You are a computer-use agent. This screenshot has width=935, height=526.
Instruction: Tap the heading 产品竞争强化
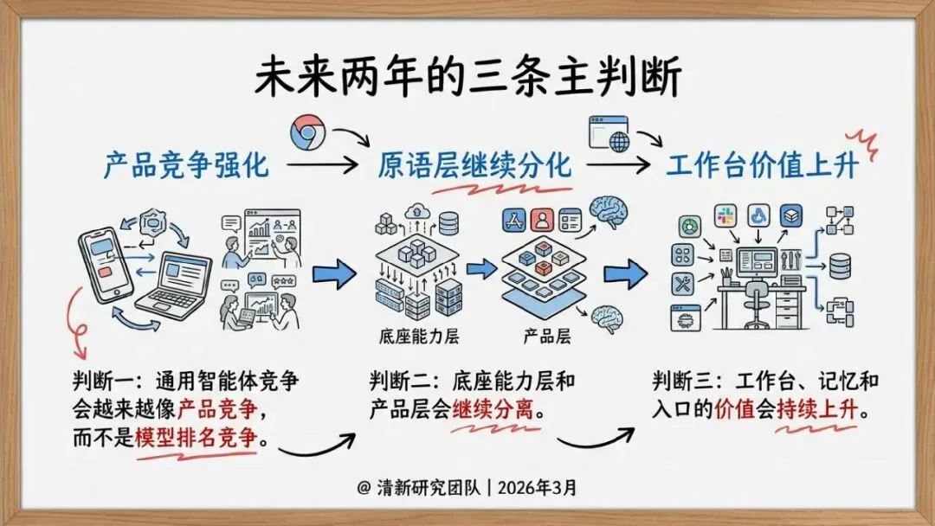click(186, 164)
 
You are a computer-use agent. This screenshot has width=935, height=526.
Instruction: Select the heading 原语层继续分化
click(474, 164)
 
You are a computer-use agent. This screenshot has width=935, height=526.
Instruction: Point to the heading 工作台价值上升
click(762, 164)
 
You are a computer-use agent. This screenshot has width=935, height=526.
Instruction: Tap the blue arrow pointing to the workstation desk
click(625, 275)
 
